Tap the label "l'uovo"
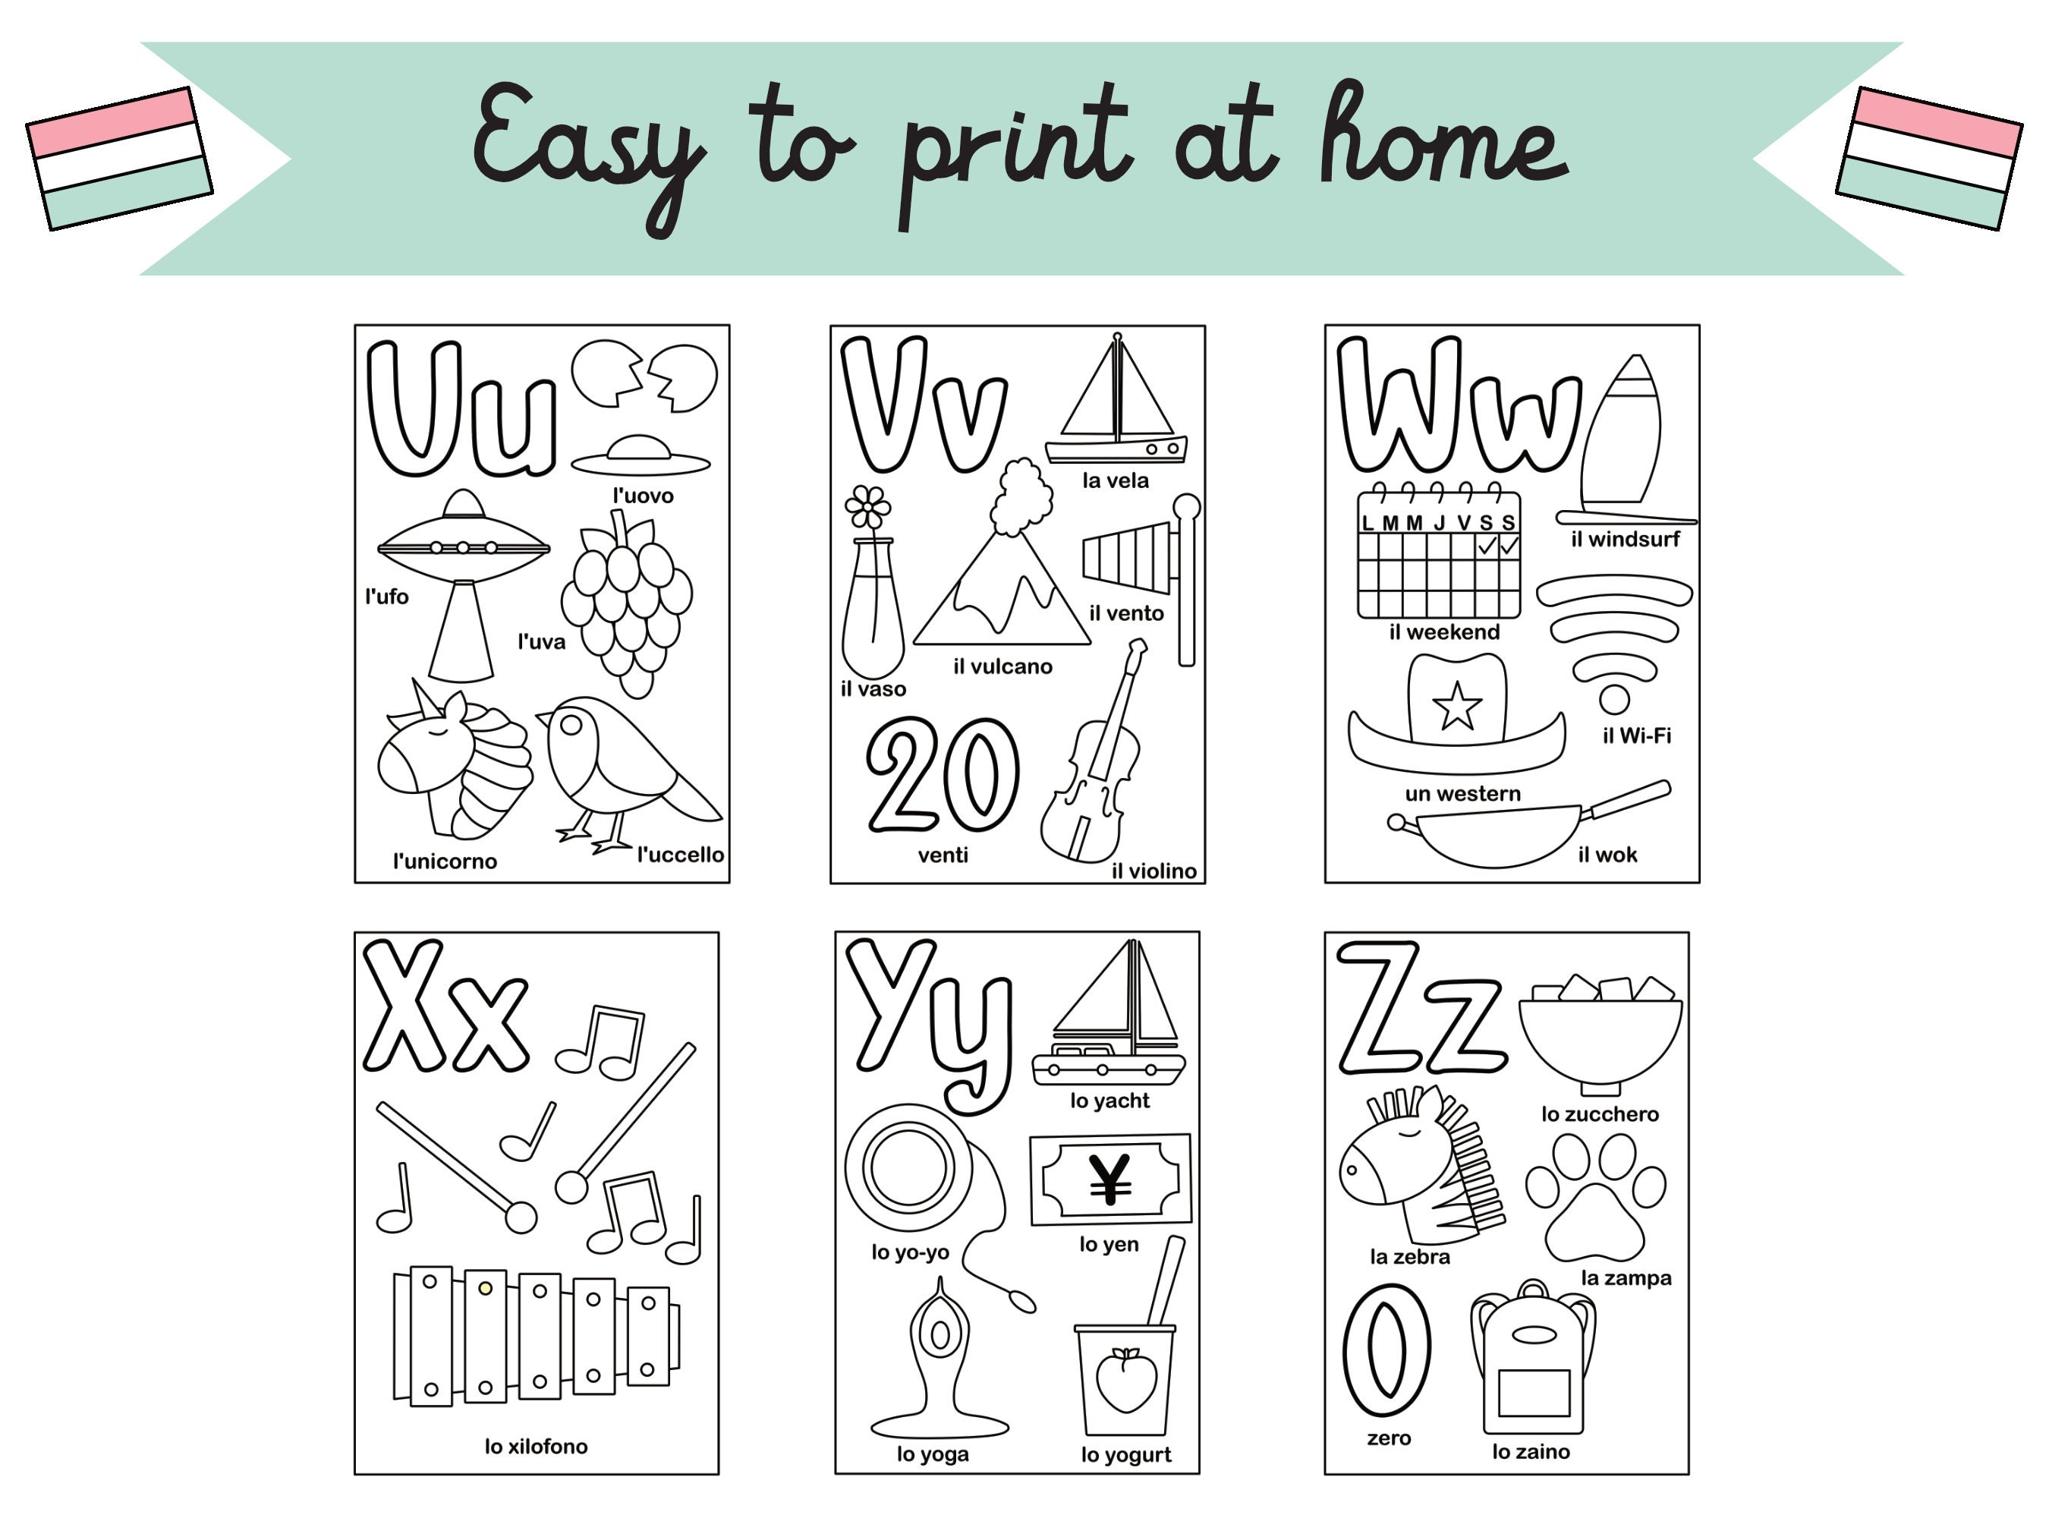[x=643, y=496]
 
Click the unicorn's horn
[x=425, y=697]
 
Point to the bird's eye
[x=572, y=726]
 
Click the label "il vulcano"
[x=1002, y=666]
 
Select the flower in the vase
[x=868, y=508]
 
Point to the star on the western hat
[x=1456, y=706]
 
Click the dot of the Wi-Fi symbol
[x=1613, y=700]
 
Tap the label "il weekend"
[x=1444, y=631]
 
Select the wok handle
[x=1628, y=798]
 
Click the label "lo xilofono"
[x=536, y=1446]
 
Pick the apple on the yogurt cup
[x=1125, y=1381]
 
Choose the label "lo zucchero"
[x=1600, y=1113]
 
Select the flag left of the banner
[x=119, y=159]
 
